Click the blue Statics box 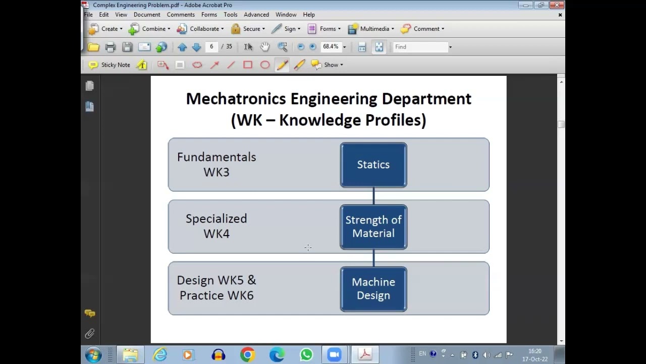tap(373, 165)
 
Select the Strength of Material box tap(373, 227)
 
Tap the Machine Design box tap(373, 289)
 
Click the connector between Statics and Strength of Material tap(373, 196)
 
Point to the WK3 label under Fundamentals tap(217, 172)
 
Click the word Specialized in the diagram tap(217, 219)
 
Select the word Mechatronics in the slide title tap(236, 99)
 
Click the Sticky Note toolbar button tap(110, 65)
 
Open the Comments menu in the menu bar tap(181, 15)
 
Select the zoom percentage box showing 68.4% tap(331, 47)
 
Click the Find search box tap(420, 47)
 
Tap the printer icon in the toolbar tap(111, 47)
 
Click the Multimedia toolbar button tap(371, 29)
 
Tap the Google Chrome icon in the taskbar tap(247, 355)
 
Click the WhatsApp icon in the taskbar tap(306, 355)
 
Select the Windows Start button tap(93, 355)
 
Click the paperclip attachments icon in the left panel tap(90, 334)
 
